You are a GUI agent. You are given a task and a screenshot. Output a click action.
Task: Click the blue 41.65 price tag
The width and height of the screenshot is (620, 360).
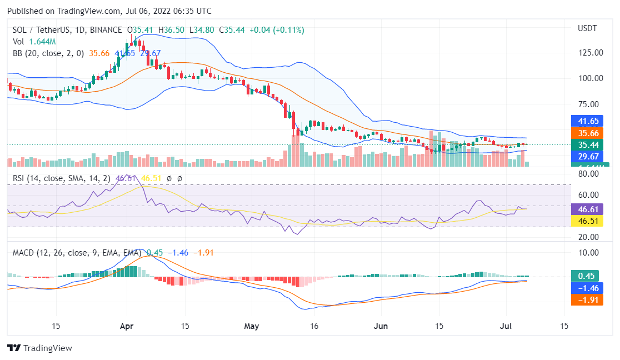587,121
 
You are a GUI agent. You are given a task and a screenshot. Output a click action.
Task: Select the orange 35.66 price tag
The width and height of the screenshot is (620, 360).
587,133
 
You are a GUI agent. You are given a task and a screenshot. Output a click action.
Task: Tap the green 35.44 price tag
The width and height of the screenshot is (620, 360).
587,145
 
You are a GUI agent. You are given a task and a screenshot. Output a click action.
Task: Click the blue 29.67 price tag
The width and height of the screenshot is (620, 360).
587,157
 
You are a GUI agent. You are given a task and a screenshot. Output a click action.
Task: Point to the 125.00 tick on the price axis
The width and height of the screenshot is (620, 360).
590,53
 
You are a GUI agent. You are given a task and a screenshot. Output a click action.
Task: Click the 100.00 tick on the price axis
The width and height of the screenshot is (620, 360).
590,78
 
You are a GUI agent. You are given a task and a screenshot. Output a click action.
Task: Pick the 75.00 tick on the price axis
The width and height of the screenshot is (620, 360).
590,104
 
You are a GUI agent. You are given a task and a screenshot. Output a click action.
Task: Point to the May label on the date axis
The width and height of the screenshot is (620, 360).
252,326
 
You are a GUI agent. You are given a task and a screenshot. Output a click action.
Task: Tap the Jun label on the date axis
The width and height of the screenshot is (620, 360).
381,326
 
